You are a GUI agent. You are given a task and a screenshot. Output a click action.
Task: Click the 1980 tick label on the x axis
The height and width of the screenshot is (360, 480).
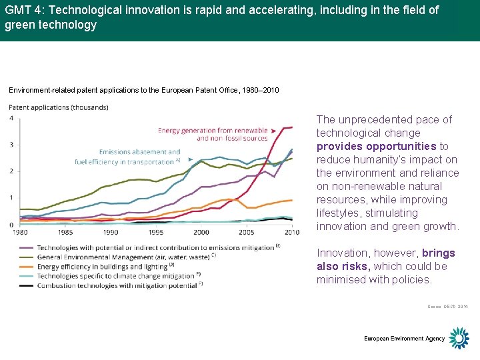(20, 232)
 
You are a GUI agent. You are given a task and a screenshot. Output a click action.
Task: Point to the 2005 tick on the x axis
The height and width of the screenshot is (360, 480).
(247, 232)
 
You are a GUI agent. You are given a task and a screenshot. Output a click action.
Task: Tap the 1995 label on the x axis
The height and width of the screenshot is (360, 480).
(156, 232)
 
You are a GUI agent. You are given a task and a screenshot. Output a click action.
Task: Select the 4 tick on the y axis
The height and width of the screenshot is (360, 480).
(11, 118)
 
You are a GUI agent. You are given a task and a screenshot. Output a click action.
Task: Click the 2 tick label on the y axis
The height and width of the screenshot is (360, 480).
(11, 171)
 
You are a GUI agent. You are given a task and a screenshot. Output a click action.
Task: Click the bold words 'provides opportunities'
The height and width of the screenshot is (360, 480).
(377, 146)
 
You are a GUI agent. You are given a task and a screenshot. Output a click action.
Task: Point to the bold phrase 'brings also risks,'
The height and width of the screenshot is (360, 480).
(386, 259)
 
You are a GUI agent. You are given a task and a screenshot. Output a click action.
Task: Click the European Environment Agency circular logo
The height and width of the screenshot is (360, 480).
(459, 338)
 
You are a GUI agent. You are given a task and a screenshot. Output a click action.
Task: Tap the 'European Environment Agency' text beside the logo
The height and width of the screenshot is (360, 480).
(404, 339)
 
